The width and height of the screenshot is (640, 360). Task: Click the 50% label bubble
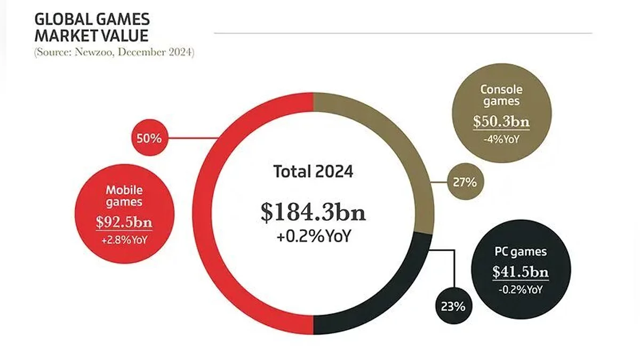tap(148, 139)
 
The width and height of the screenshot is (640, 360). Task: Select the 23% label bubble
tap(453, 307)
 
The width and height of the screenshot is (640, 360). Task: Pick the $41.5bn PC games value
tap(520, 272)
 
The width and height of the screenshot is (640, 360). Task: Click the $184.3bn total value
tap(313, 212)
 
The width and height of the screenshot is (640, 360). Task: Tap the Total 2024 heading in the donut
tap(313, 172)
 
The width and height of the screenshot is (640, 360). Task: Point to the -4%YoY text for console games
tap(501, 140)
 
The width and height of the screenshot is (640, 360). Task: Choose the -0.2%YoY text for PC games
tap(520, 290)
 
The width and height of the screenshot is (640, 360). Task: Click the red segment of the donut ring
tap(213, 213)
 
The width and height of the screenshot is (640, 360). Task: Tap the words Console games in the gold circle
tap(501, 95)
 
